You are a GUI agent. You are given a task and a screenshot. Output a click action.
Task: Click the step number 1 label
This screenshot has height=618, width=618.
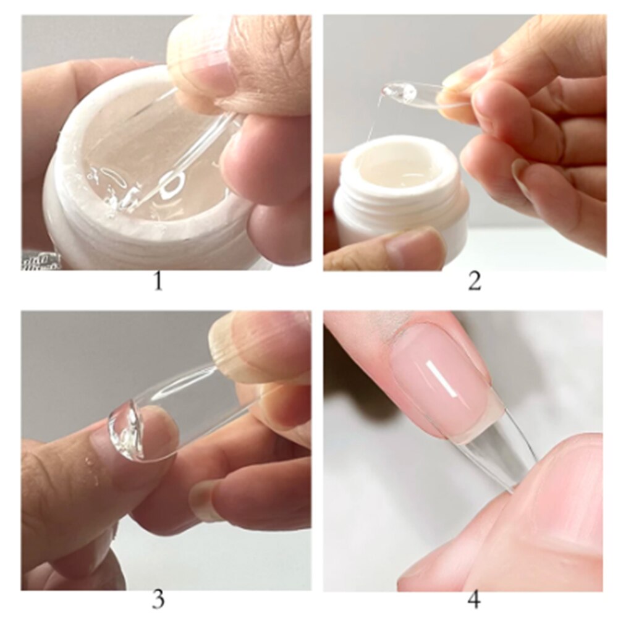pos(159,282)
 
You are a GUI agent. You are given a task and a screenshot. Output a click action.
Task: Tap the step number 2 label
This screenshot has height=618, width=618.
pos(474,282)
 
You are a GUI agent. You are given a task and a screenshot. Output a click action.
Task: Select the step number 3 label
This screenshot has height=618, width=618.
pos(159,599)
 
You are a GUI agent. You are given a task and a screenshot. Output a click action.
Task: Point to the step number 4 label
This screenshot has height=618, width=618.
pos(474,599)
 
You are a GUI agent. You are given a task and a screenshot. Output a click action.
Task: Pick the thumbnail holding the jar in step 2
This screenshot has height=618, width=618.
pos(414,247)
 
